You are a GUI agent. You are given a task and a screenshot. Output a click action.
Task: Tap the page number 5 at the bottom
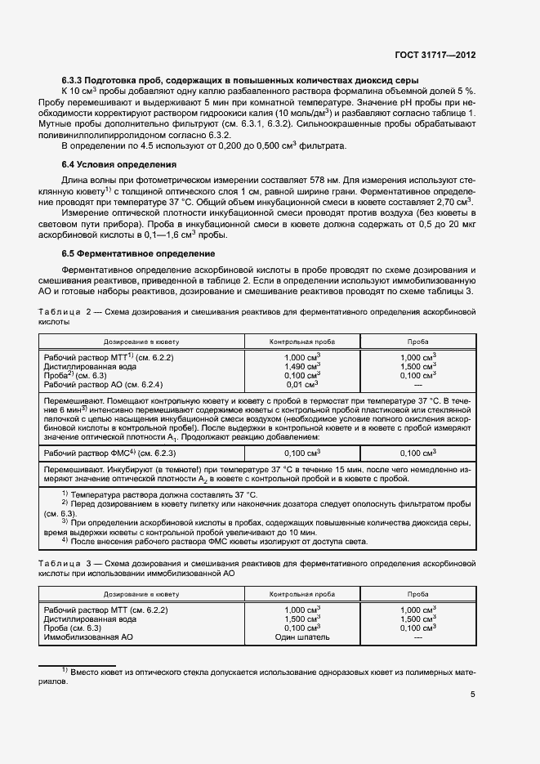[473, 695]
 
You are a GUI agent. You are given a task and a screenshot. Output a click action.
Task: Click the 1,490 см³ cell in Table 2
[302, 366]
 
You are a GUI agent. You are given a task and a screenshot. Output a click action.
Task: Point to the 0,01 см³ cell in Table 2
[302, 384]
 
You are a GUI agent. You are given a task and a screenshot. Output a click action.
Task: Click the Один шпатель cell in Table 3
[302, 637]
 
